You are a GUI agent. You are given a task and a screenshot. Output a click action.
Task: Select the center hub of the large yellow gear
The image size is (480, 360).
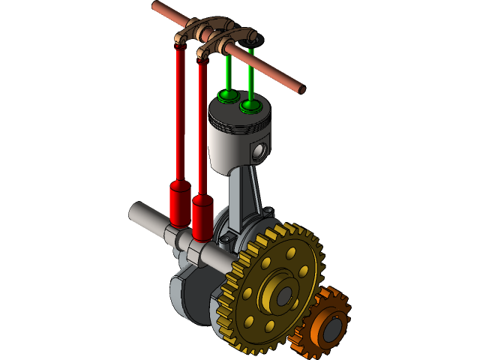[282, 295]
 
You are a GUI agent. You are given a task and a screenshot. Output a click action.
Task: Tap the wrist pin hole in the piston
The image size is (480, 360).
[259, 152]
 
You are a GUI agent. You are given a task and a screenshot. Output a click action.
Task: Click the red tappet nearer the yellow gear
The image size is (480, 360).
[202, 217]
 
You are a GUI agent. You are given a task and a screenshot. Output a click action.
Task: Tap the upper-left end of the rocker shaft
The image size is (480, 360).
[156, 6]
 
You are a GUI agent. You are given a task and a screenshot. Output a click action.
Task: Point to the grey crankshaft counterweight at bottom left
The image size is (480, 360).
[187, 296]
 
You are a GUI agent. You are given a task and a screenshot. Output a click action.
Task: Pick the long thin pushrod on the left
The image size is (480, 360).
[180, 112]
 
